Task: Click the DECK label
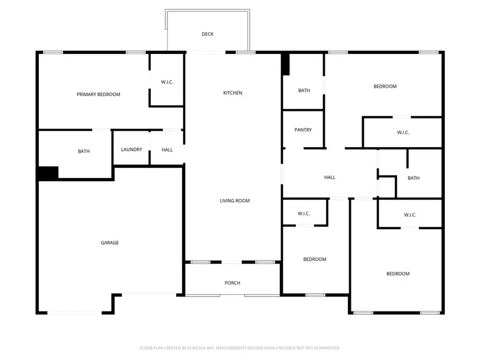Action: click(207, 34)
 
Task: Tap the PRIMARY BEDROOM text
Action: click(99, 94)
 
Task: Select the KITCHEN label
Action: click(233, 93)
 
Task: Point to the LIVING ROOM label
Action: click(235, 201)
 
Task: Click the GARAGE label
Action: click(110, 243)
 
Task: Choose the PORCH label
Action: click(233, 283)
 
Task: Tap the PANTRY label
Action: click(303, 130)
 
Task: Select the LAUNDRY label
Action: click(132, 150)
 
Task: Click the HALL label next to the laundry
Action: click(167, 150)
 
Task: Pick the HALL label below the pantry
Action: click(330, 177)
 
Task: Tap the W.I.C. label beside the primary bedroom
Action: click(167, 82)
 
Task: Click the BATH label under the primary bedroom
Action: click(84, 151)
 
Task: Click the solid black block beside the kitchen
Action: click(285, 64)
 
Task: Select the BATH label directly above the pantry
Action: click(304, 91)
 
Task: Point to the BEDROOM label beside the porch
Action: click(315, 259)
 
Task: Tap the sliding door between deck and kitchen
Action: click(206, 52)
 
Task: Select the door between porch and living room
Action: click(233, 262)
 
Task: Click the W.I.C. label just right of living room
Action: click(303, 213)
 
